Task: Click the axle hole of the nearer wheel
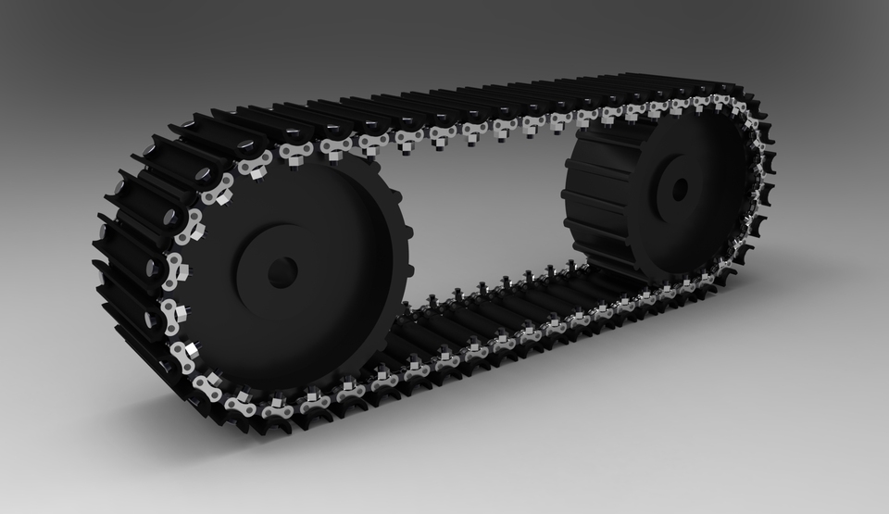[282, 271]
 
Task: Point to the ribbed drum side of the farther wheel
[602, 199]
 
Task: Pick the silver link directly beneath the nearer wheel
[278, 406]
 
